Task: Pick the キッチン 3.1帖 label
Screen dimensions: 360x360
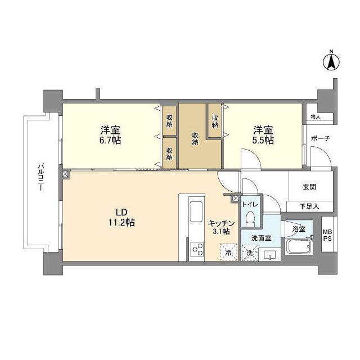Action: [x=218, y=227]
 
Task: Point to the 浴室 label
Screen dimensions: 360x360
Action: [x=299, y=229]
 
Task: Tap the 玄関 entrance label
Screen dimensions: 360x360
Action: [x=309, y=187]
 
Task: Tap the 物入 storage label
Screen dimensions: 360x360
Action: [x=315, y=116]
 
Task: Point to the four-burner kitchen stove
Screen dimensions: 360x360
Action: [x=197, y=249]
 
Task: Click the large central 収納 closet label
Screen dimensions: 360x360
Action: [x=195, y=138]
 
